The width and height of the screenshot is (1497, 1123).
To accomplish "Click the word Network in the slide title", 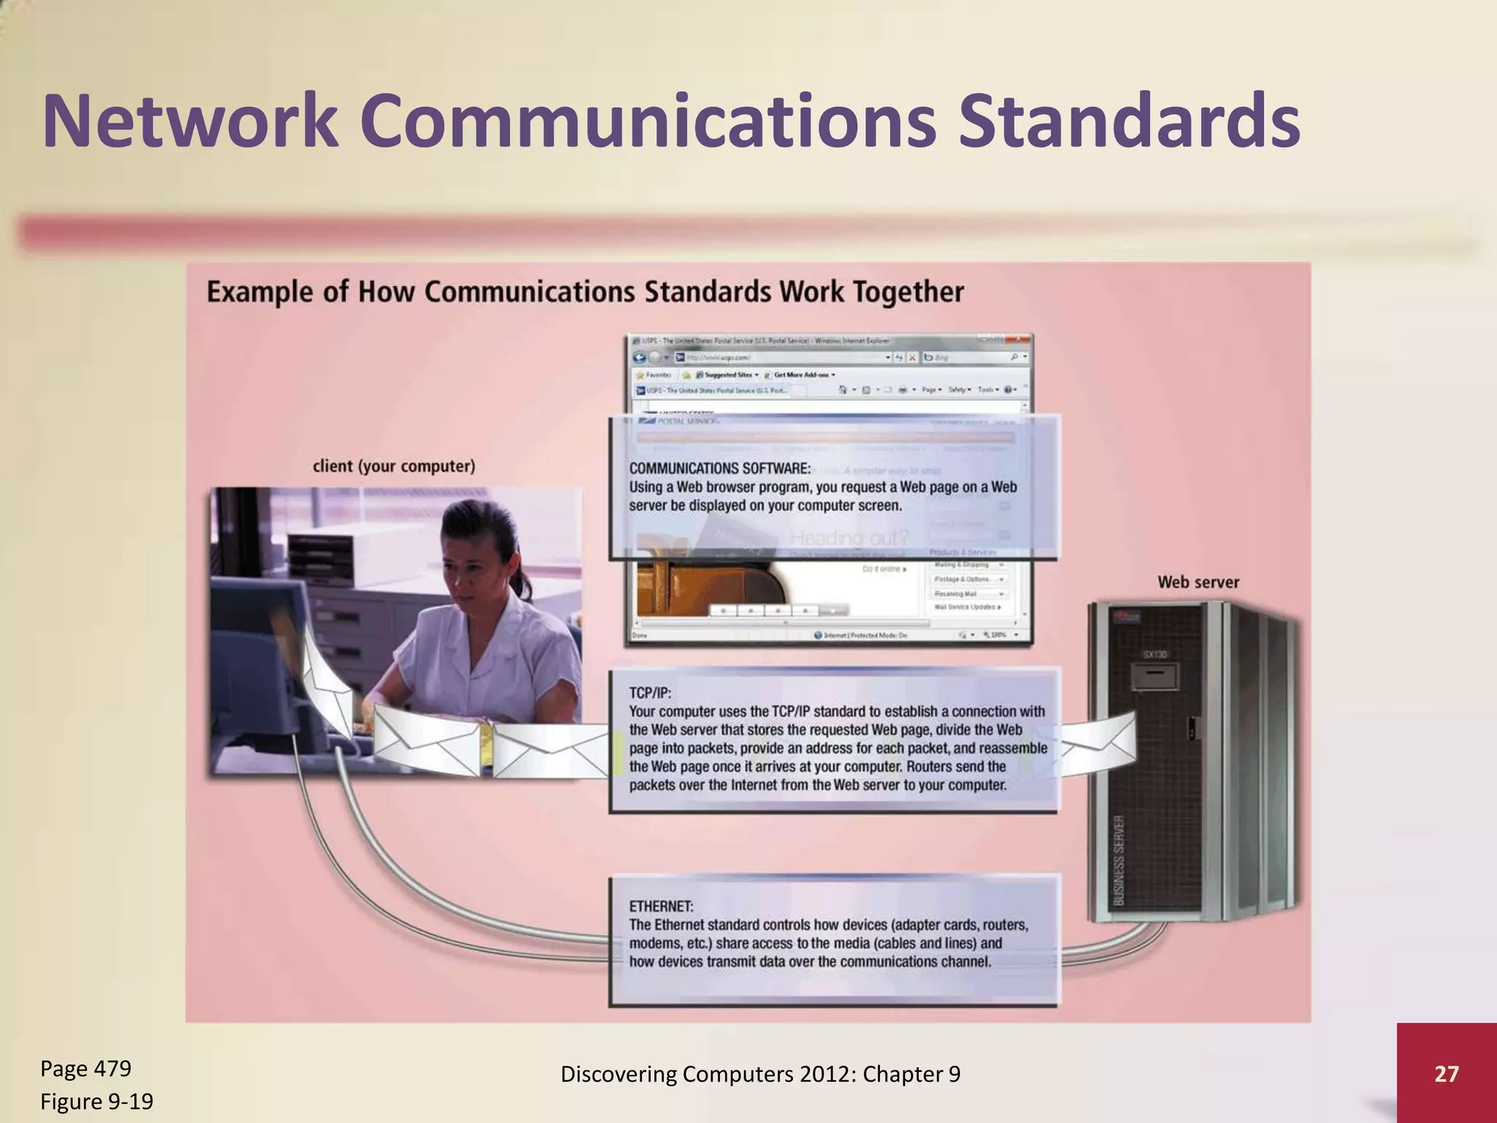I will [190, 121].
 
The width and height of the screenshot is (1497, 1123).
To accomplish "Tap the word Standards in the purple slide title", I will [1129, 121].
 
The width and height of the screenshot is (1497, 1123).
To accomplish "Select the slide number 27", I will [1446, 1073].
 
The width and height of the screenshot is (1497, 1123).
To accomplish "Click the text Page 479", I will [86, 1068].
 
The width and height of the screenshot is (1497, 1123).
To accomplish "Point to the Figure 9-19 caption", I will [96, 1101].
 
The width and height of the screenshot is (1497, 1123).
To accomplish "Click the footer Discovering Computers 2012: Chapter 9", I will [760, 1073].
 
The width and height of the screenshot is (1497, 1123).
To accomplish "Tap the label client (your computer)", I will [393, 466].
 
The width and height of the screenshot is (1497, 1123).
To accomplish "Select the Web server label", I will [1198, 582].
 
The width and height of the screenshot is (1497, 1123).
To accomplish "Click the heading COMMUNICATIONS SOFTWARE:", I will [720, 468].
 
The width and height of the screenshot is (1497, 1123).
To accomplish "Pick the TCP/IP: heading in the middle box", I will [650, 692].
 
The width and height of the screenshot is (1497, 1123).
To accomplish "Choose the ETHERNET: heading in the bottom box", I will [661, 906].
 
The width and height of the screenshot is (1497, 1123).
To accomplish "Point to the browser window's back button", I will [640, 358].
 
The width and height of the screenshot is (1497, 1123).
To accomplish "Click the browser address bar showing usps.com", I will [782, 358].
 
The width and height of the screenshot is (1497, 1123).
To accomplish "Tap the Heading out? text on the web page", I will [849, 538].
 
